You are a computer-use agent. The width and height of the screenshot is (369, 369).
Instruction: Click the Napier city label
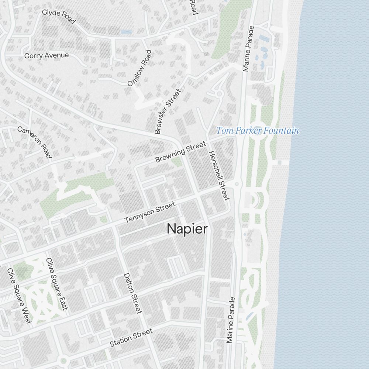(x=187, y=229)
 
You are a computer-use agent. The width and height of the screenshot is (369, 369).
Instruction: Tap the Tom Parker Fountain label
(x=257, y=131)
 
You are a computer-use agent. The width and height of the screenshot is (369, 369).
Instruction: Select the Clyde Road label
(x=59, y=17)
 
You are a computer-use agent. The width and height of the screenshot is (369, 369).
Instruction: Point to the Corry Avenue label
(x=46, y=56)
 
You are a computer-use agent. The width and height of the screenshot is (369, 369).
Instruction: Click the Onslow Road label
(x=139, y=68)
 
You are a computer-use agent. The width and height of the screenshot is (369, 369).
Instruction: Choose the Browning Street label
(x=180, y=152)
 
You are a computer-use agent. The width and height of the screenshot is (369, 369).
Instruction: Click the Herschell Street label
(x=219, y=176)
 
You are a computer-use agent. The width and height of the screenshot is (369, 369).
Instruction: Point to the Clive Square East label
(x=57, y=284)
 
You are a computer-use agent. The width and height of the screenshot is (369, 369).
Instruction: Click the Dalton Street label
(x=132, y=293)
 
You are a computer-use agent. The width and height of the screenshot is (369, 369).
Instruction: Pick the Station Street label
(x=131, y=338)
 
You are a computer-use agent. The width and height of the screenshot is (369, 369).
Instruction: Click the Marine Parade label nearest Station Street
(x=231, y=320)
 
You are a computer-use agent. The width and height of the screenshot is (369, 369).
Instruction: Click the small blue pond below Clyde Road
(x=126, y=32)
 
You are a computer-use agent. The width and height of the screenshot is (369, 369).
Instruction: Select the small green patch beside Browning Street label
(x=177, y=162)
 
